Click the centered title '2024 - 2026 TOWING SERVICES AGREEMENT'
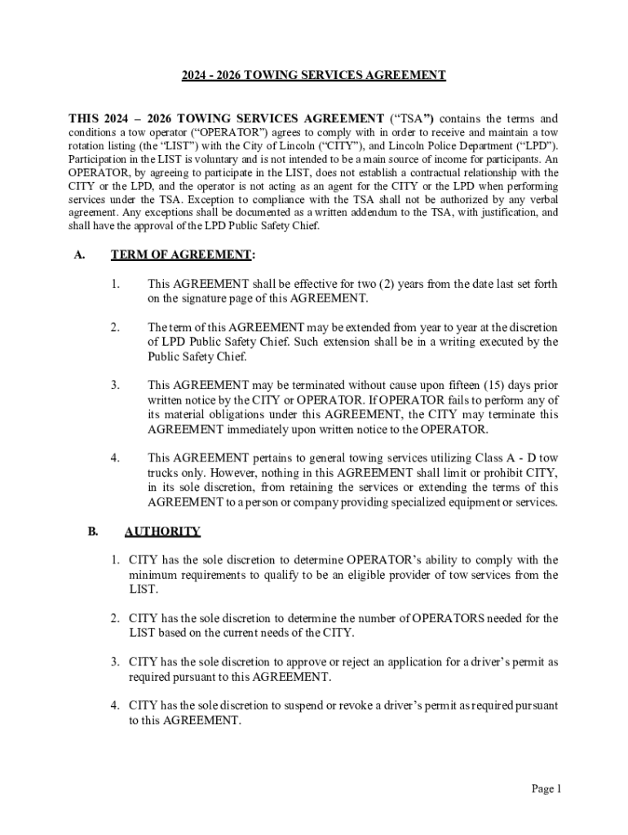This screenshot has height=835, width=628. [313, 75]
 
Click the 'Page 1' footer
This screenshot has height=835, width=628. [546, 789]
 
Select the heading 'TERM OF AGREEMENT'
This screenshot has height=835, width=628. [180, 255]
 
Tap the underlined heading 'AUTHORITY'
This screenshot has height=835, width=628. [161, 532]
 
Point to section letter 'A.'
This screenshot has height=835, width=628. [79, 255]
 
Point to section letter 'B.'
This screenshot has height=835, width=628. [95, 532]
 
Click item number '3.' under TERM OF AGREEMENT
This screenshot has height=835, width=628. [115, 385]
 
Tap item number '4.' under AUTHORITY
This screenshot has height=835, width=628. [117, 705]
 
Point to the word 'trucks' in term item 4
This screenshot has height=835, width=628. [164, 473]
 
